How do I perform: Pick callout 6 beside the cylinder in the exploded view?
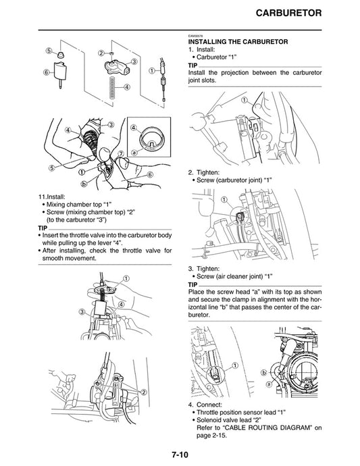click(47, 72)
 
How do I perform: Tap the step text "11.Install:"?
click(56, 197)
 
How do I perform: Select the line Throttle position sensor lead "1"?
click(251, 412)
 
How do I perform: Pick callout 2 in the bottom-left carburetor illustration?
click(143, 392)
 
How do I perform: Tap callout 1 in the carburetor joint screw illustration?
click(224, 200)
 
